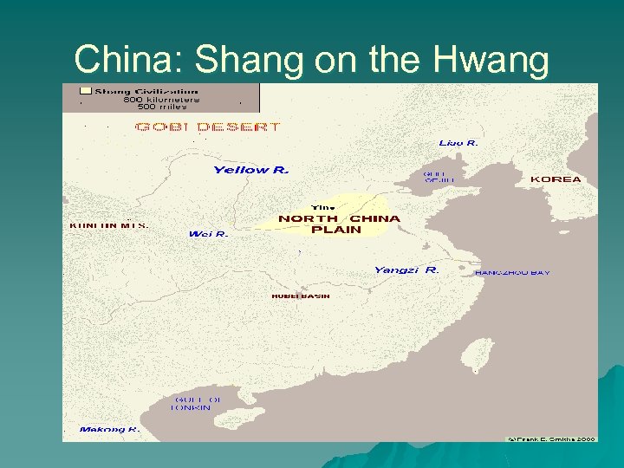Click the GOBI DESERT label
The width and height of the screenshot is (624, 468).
(x=207, y=127)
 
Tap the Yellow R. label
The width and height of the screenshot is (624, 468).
(x=250, y=170)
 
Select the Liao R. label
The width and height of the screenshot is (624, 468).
(x=458, y=142)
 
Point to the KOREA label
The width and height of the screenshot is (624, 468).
(x=556, y=179)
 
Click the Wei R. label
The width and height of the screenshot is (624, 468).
(x=208, y=234)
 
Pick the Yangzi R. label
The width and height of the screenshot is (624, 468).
(x=406, y=270)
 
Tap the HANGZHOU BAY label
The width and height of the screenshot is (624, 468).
(x=512, y=273)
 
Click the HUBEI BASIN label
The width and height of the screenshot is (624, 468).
(x=301, y=296)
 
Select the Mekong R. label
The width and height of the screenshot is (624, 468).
(x=109, y=429)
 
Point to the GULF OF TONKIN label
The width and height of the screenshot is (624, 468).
(x=196, y=403)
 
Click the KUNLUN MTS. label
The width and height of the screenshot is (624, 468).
(x=108, y=225)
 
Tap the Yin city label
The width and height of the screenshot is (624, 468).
(x=322, y=207)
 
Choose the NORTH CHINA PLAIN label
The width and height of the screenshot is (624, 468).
(x=339, y=224)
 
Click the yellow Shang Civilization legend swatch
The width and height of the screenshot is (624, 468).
(x=85, y=90)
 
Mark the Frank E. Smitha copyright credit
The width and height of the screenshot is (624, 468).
(x=552, y=438)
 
